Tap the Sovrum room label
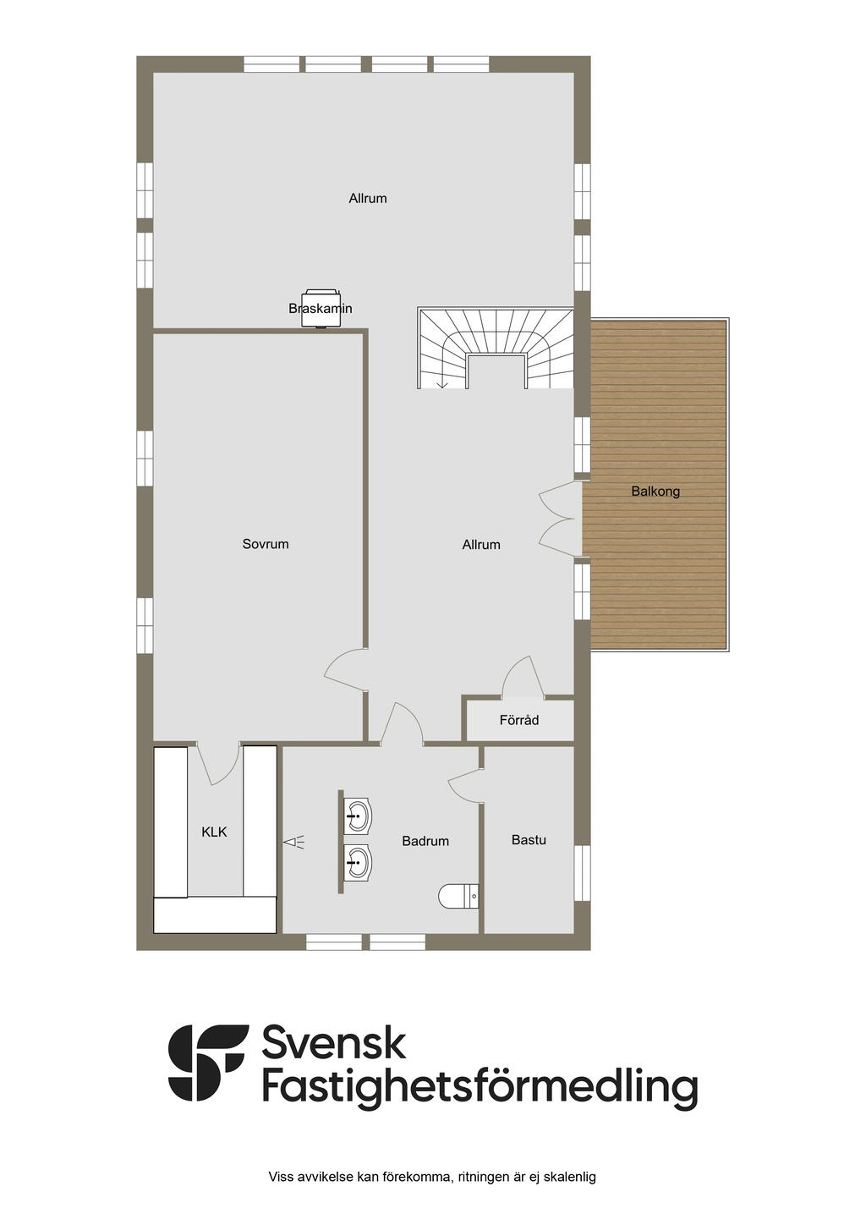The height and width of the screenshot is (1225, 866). (x=266, y=544)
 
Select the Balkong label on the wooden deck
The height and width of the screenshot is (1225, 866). (x=655, y=492)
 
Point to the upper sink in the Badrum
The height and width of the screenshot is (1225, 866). (x=359, y=817)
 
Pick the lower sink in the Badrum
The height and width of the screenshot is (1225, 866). (x=359, y=864)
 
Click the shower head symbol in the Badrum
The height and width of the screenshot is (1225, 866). (x=294, y=842)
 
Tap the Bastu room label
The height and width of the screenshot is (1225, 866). (x=529, y=840)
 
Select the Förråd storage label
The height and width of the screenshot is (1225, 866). (x=519, y=721)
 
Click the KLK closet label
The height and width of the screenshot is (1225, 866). (x=215, y=832)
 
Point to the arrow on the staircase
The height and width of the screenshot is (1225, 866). (x=441, y=382)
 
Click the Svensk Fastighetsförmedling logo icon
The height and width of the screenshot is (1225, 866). (x=207, y=1063)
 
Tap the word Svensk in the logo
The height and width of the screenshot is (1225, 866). (x=333, y=1043)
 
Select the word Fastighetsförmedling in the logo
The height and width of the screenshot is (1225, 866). (x=480, y=1087)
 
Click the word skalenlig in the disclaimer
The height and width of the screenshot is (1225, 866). (x=569, y=1177)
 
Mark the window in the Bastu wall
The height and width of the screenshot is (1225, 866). (x=582, y=874)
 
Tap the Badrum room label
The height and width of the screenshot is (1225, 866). (x=425, y=841)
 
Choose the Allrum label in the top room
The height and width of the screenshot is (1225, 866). (x=368, y=199)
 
